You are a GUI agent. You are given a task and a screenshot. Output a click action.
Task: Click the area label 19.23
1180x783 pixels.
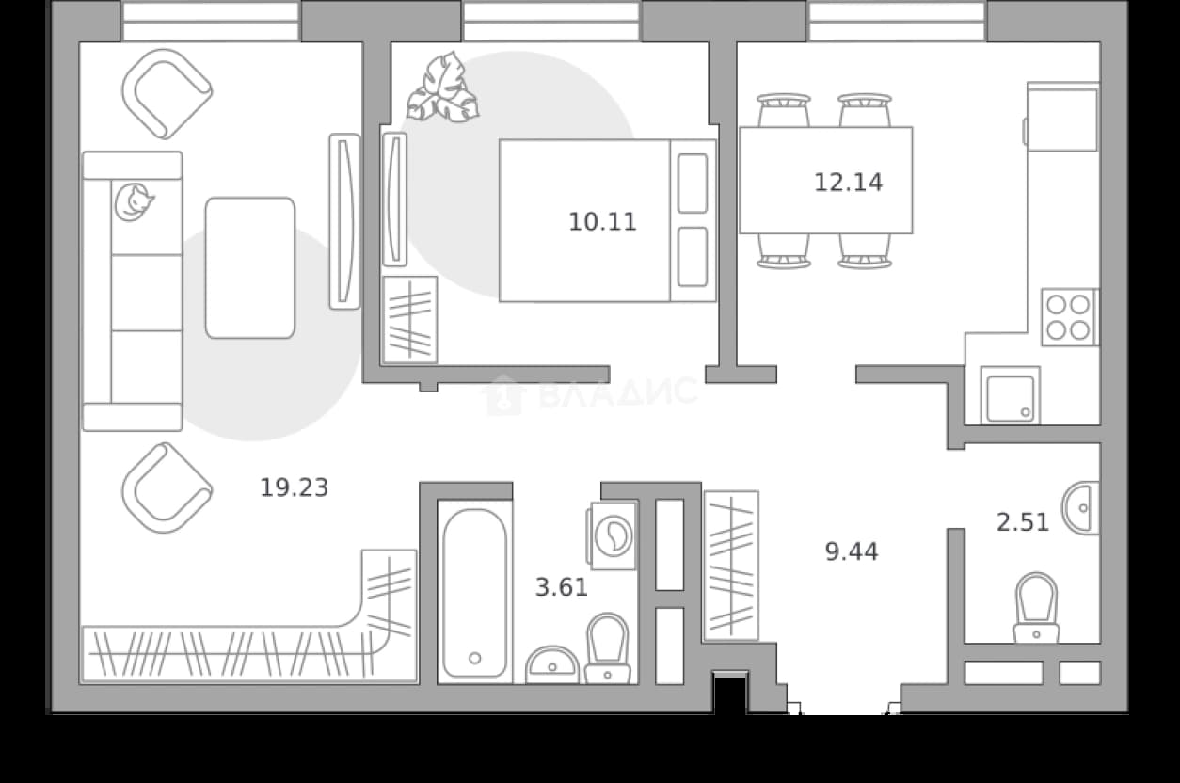[295, 487]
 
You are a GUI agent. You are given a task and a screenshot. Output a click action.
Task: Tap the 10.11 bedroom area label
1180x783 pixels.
[602, 221]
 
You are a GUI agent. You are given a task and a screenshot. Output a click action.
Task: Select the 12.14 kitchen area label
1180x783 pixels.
[848, 183]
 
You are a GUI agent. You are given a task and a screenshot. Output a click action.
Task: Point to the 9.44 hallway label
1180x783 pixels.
[852, 551]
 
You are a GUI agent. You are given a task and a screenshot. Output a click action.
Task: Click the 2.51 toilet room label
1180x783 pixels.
[1023, 522]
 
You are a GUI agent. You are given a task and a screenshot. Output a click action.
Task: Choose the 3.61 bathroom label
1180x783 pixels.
[562, 587]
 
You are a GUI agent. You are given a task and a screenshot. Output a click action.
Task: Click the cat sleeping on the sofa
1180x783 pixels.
[134, 201]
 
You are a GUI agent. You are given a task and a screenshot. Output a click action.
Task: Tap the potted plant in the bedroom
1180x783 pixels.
[442, 88]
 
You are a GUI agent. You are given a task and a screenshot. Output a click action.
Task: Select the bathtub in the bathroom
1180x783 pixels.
[474, 592]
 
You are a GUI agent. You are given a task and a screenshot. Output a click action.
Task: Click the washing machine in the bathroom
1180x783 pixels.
[613, 535]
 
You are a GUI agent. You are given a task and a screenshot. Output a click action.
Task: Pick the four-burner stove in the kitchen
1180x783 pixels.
[1069, 317]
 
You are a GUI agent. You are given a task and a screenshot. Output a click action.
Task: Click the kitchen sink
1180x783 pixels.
[1011, 395]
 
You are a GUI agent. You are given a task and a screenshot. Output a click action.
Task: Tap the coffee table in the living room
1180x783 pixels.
[250, 267]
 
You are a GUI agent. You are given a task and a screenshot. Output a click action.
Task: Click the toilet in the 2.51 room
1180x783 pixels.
[1036, 608]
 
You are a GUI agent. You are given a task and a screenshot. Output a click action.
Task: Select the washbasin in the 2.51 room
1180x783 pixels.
[1081, 508]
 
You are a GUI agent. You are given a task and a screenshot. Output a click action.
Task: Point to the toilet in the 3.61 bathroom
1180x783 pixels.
[607, 648]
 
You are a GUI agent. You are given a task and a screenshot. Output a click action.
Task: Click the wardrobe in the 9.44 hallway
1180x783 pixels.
[731, 566]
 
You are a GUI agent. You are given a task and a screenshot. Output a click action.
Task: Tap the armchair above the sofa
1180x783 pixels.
[167, 94]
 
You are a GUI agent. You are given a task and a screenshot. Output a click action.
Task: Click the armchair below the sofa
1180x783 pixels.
[167, 487]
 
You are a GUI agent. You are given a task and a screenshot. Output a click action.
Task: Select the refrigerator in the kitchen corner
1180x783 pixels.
[1061, 117]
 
